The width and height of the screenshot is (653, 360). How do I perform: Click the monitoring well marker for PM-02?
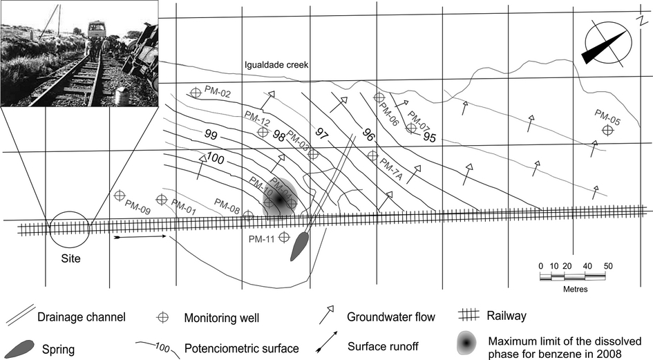(x=196, y=92)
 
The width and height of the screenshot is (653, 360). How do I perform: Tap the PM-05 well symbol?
(x=607, y=129)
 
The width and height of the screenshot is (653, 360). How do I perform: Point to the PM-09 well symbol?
(x=120, y=197)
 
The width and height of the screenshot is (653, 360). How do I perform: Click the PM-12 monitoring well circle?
(x=262, y=131)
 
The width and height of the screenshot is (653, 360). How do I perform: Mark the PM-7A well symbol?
(x=372, y=155)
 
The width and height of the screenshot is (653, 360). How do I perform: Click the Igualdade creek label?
(x=275, y=65)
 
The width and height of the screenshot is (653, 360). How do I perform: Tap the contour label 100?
(x=215, y=159)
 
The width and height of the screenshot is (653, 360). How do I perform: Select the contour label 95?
(x=429, y=137)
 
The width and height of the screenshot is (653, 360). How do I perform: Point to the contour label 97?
(x=321, y=131)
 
